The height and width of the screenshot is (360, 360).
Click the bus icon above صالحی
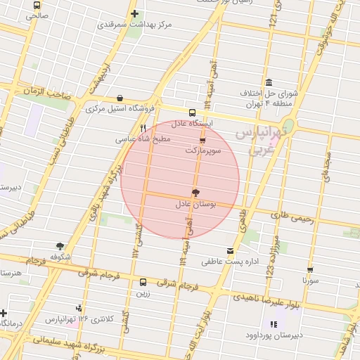37,5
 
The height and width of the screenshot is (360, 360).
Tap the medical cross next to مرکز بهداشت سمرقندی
134,13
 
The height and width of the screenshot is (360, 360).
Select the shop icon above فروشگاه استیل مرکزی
120,98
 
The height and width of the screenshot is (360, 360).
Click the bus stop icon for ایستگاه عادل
192,112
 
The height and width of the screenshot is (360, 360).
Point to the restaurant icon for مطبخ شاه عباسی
143,129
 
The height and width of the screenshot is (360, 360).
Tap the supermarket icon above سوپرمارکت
203,141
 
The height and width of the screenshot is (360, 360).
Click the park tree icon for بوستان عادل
195,193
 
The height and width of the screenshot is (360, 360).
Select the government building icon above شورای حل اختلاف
269,82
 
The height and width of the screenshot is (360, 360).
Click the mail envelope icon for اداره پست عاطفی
231,251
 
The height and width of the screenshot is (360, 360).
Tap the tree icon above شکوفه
60,246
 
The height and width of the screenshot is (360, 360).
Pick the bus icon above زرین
143,282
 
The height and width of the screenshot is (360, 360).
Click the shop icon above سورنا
310,269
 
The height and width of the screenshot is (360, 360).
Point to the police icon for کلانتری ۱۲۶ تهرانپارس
79,307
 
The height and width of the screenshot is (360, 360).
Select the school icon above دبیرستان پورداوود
274,324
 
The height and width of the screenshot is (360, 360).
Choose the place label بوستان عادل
199,204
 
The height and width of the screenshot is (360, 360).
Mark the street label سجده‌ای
324,169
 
